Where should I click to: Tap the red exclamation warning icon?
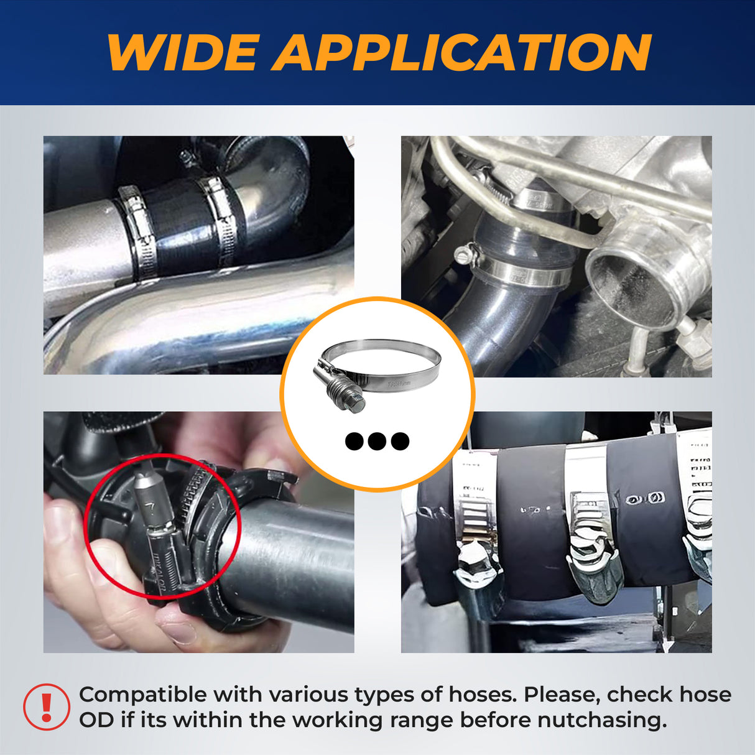(47, 707)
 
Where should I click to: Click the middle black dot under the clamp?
(377, 442)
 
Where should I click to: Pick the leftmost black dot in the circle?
(354, 442)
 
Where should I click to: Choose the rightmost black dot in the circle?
(400, 442)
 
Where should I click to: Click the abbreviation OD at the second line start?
(96, 720)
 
